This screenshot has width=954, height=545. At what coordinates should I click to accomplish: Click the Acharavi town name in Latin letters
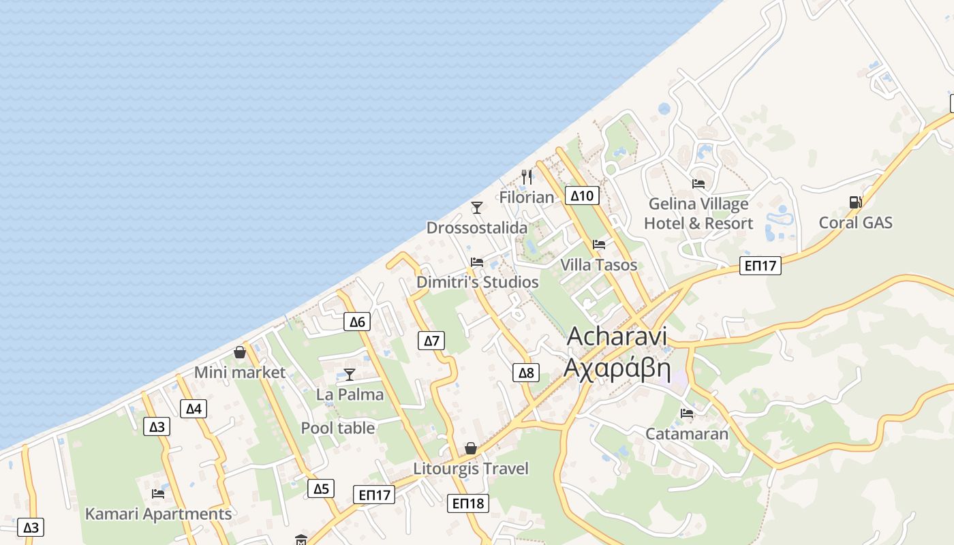click(x=617, y=337)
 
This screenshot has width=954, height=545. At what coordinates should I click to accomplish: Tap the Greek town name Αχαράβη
click(x=617, y=369)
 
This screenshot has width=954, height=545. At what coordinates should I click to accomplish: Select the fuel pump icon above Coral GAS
click(x=855, y=202)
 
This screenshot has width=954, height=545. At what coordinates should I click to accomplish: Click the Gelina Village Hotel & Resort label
click(x=698, y=213)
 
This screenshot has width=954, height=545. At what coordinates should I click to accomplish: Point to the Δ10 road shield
click(x=582, y=196)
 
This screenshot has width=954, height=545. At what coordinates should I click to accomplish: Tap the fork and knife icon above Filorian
click(x=527, y=177)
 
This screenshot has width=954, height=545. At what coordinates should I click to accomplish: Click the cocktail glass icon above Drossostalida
click(x=477, y=207)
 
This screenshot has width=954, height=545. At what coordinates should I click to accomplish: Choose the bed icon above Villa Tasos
click(x=599, y=245)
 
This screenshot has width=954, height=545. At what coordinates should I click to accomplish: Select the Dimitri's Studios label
click(x=478, y=282)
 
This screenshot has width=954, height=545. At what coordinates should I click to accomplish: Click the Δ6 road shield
click(x=357, y=322)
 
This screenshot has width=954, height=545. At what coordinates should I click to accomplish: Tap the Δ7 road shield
click(x=432, y=341)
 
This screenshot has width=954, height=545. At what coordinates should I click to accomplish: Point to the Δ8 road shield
click(x=526, y=373)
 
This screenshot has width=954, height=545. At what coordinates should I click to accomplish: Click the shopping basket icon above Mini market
click(x=240, y=352)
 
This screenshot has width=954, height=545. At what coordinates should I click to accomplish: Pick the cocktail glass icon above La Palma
click(x=350, y=374)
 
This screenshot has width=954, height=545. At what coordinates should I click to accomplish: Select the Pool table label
click(x=338, y=428)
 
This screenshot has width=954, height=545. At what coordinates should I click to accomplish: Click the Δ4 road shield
click(x=194, y=409)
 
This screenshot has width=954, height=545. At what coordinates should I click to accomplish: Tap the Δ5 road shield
click(x=321, y=488)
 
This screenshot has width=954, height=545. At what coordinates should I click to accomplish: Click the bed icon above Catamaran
click(x=687, y=414)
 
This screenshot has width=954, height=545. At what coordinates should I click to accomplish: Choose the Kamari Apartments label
click(x=158, y=514)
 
